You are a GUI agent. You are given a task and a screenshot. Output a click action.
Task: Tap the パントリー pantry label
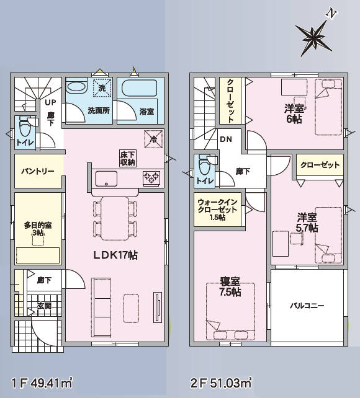tap(38, 171)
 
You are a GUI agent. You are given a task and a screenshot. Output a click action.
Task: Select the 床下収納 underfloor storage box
tap(128, 158)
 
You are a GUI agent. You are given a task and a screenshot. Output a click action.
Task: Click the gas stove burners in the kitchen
tap(151, 177)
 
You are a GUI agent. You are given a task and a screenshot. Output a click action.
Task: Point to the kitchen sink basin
tap(106, 179)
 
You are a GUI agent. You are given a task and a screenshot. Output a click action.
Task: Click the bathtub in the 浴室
tap(139, 88)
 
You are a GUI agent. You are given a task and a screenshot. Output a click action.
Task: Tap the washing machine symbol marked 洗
tap(102, 88)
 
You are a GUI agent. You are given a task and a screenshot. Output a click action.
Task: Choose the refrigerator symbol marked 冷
tap(153, 139)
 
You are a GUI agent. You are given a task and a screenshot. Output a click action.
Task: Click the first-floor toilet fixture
tap(25, 129)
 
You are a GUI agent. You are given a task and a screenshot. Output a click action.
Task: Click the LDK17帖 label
tap(115, 255)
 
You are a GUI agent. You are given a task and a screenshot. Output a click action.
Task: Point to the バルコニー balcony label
tap(307, 306)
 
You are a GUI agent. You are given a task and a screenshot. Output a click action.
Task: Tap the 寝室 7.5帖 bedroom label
tap(230, 286)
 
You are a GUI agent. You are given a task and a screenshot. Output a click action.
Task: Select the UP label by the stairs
tap(50, 102)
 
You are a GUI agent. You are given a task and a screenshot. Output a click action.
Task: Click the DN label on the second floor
tap(226, 139)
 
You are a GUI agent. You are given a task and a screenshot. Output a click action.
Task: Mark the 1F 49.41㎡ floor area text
tap(42, 383)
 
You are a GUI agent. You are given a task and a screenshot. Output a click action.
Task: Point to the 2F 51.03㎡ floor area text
tap(222, 383)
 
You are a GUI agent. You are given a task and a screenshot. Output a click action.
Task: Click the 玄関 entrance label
tap(44, 306)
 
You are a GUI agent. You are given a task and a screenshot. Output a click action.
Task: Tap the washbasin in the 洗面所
tap(77, 87)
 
